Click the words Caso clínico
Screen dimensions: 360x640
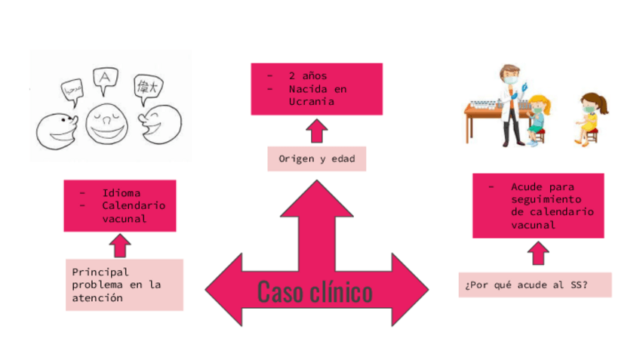(315, 291)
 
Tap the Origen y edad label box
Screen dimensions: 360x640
(316, 159)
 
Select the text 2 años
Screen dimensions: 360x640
(307, 75)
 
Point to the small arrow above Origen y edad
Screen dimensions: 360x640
(317, 131)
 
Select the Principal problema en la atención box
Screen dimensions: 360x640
(124, 285)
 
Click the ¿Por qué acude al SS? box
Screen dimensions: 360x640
(534, 285)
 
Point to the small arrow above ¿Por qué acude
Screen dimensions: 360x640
(538, 254)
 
